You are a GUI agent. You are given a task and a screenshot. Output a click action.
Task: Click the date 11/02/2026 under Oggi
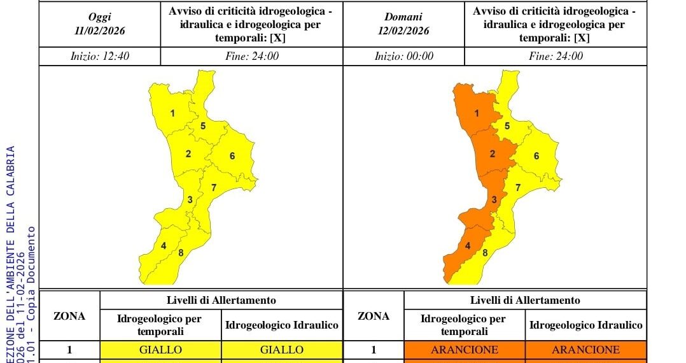tap(99, 31)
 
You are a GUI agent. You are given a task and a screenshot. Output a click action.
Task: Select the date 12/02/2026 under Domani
tap(403, 31)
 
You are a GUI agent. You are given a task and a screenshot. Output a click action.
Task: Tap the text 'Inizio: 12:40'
tap(100, 56)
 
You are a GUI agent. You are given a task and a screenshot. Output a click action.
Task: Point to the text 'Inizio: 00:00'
tap(404, 56)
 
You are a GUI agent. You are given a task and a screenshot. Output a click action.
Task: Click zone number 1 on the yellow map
tap(172, 114)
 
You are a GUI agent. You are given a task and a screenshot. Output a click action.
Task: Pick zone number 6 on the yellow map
tap(232, 156)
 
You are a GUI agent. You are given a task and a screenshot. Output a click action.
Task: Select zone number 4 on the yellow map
tap(164, 246)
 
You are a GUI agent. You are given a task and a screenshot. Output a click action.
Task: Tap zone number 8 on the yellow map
tap(181, 253)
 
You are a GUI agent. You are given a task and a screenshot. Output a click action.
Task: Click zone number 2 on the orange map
tap(493, 153)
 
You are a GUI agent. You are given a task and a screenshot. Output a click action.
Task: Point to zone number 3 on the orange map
tap(494, 200)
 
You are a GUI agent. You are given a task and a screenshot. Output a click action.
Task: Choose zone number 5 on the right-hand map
tap(507, 126)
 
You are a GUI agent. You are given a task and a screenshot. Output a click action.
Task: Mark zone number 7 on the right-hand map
tap(518, 187)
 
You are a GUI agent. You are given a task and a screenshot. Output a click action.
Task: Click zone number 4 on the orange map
tap(468, 246)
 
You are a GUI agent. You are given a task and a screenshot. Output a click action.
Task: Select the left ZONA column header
tap(69, 316)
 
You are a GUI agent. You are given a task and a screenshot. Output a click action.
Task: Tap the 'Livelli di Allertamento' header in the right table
tap(525, 300)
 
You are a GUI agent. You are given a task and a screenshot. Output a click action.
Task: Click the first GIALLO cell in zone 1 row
tap(160, 350)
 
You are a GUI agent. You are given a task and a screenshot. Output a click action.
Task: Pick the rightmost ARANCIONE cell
tap(585, 350)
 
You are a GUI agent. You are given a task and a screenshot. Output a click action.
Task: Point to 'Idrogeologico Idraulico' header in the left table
tap(281, 325)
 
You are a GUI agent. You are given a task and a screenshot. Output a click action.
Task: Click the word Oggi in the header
tap(99, 17)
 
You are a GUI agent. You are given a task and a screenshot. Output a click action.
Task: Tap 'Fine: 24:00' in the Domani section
tap(556, 56)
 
